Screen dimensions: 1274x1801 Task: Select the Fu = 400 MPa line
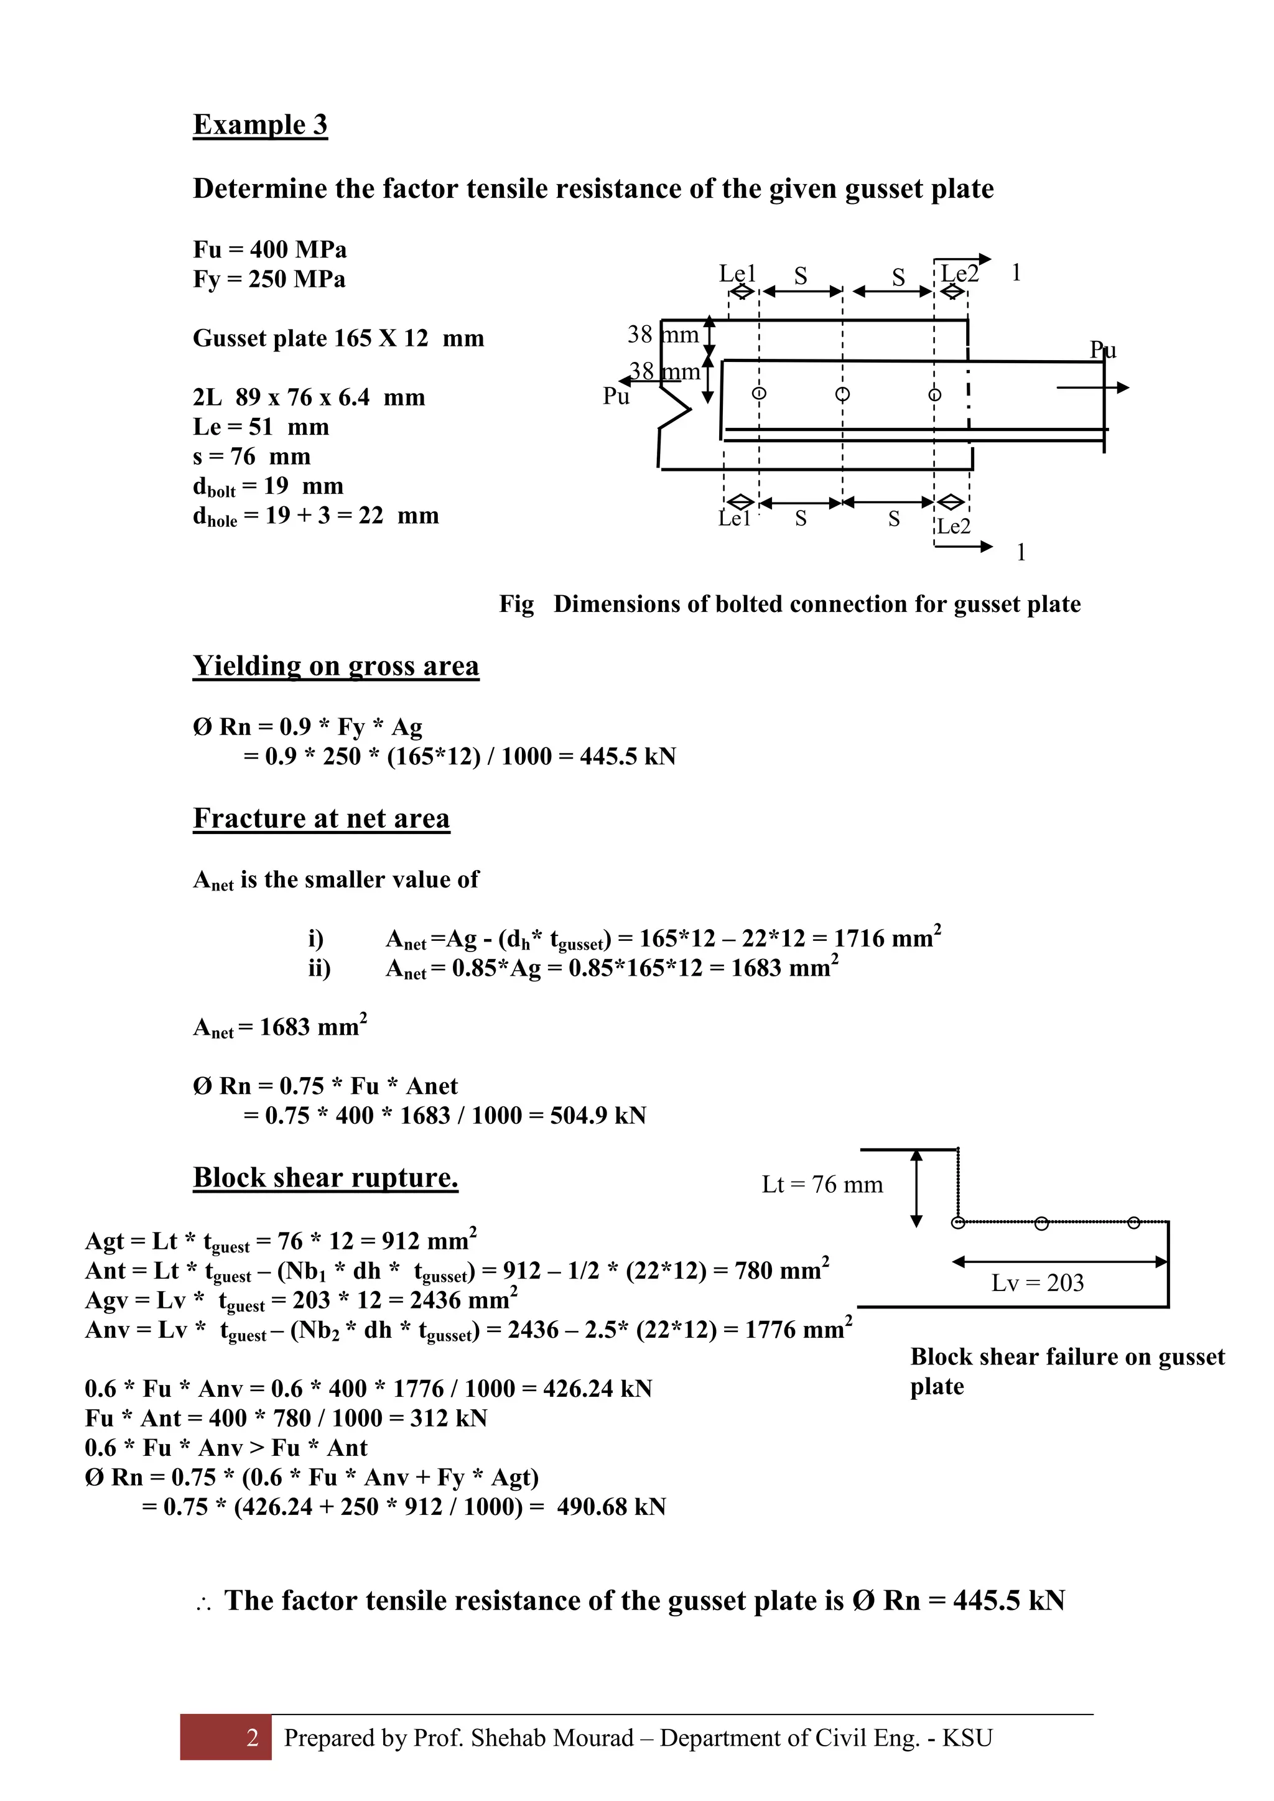click(269, 249)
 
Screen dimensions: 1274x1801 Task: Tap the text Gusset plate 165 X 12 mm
click(338, 338)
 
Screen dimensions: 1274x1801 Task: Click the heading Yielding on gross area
click(336, 666)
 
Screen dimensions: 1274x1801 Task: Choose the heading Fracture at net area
click(321, 818)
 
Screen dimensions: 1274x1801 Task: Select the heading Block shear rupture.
click(325, 1178)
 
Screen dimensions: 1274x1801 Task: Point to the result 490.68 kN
click(611, 1507)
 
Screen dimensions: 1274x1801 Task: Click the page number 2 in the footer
click(252, 1738)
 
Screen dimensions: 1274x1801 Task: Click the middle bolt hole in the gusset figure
click(842, 394)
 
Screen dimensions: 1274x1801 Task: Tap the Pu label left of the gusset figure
click(616, 397)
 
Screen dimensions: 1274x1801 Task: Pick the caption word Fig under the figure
click(516, 604)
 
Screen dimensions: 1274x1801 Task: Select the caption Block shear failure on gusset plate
click(1066, 1371)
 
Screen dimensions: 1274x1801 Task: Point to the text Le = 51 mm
click(261, 427)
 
